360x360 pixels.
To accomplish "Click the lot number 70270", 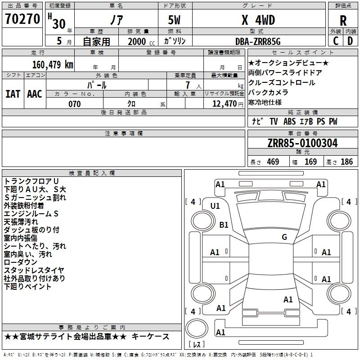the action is click(22, 19).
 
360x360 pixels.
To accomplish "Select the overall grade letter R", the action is click(343, 21).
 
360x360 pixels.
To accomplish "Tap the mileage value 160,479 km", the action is click(53, 64).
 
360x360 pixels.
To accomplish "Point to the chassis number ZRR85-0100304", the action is click(302, 143).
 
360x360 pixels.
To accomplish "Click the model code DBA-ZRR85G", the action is click(258, 41).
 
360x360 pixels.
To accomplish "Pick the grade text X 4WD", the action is click(258, 20).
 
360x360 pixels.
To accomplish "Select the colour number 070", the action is click(75, 104).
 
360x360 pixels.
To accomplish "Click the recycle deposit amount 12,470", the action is click(225, 104).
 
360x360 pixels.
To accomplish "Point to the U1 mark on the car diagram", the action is click(215, 206).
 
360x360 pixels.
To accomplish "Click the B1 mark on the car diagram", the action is click(224, 225).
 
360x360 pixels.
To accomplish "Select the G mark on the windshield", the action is click(284, 237).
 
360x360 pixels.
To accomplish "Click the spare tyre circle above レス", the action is click(197, 328).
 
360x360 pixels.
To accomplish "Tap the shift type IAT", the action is click(13, 94).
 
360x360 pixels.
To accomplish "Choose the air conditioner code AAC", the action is click(35, 94).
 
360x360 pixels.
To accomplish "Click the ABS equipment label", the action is click(289, 121).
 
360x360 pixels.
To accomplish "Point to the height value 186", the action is click(346, 162).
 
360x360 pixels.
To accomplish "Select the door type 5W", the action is click(174, 20).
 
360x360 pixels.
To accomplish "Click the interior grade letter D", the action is click(350, 41).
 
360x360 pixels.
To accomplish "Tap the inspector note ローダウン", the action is click(21, 262).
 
